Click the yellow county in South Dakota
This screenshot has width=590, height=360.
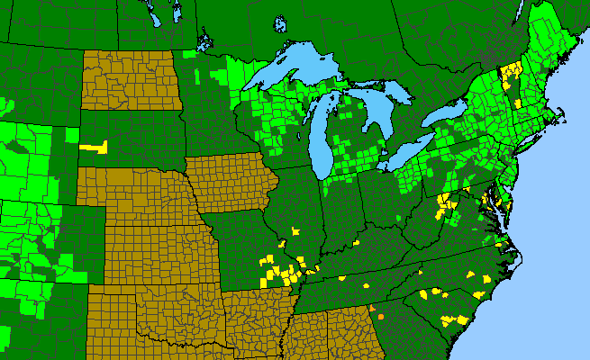[x=94, y=146]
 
